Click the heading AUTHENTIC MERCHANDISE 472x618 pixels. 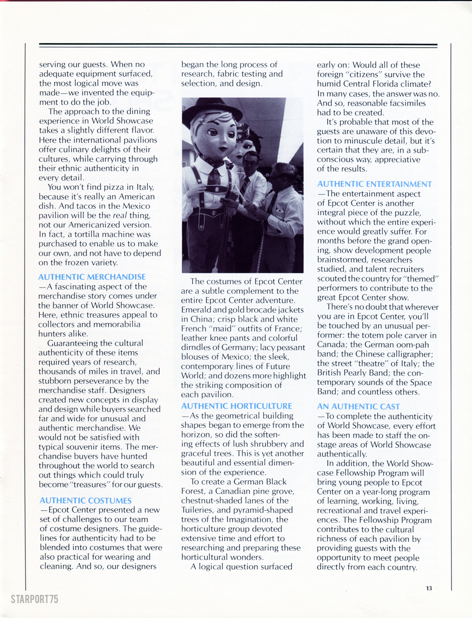(92, 277)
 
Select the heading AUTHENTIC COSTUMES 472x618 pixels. (86, 501)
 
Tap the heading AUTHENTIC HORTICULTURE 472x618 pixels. (237, 406)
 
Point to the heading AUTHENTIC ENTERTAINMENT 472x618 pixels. (374, 184)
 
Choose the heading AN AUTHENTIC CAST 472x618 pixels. (358, 407)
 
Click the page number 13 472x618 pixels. (429, 588)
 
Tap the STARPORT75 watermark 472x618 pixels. (34, 599)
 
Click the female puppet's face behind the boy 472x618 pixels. (241, 145)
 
